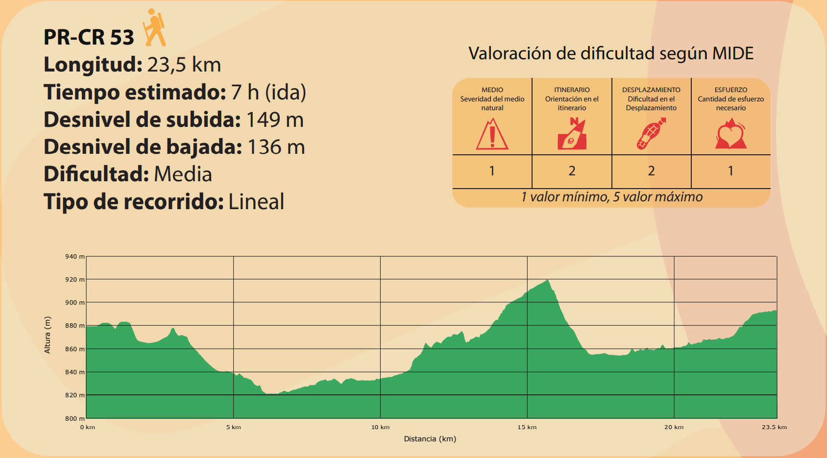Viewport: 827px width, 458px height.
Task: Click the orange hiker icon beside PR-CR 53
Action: [x=155, y=27]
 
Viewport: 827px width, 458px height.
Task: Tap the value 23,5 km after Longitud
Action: [x=184, y=65]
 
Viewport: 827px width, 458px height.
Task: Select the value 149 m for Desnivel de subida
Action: [x=275, y=120]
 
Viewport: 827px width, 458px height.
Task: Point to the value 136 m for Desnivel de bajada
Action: [x=276, y=147]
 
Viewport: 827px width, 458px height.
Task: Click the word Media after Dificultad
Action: [x=183, y=174]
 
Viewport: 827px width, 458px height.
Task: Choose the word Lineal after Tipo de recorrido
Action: [x=256, y=202]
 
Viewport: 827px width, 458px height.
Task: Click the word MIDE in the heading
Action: [x=732, y=53]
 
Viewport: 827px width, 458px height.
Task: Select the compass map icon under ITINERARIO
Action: [x=572, y=134]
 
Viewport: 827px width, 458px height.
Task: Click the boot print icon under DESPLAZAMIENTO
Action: [x=651, y=134]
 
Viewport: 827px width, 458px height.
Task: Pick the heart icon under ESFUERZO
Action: [x=730, y=135]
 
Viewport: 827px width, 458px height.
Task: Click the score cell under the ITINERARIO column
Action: [x=572, y=171]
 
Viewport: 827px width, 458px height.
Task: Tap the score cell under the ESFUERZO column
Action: [x=730, y=171]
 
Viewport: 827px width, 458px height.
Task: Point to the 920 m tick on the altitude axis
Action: [x=75, y=280]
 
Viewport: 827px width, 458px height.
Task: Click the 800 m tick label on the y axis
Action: [x=75, y=418]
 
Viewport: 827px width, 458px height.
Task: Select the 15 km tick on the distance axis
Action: [x=527, y=427]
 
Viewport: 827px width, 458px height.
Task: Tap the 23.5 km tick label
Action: [x=774, y=427]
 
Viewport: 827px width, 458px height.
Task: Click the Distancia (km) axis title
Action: [x=430, y=439]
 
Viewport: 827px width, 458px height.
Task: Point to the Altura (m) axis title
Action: [x=48, y=335]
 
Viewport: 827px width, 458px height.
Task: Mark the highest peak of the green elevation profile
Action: [x=548, y=280]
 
